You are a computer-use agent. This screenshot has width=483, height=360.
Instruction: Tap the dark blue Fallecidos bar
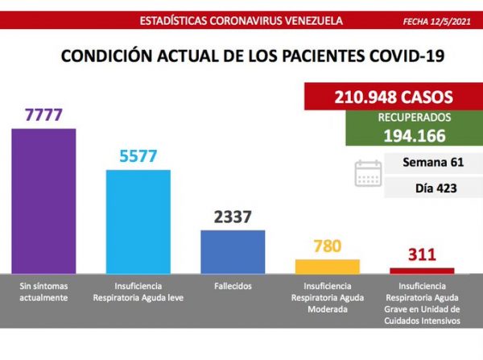click(x=233, y=250)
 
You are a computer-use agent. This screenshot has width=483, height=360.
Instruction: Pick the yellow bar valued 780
click(x=328, y=265)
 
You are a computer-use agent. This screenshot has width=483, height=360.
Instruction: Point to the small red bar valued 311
click(x=422, y=271)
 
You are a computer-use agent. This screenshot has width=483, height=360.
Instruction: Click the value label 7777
click(x=43, y=116)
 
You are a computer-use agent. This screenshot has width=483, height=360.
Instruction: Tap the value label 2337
click(x=233, y=217)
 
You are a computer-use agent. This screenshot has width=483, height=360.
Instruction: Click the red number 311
click(x=422, y=256)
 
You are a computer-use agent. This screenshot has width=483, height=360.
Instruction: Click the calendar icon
click(x=369, y=174)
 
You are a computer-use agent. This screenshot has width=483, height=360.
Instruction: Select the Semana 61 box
click(x=434, y=163)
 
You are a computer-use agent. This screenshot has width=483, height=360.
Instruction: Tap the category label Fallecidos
click(x=233, y=286)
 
